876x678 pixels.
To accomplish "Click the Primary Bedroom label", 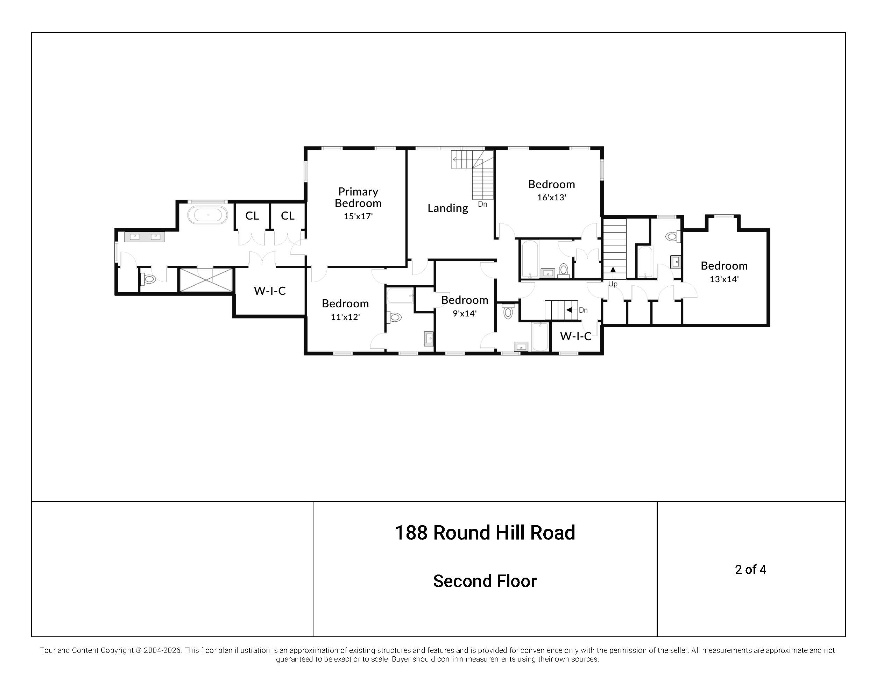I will click(x=358, y=197).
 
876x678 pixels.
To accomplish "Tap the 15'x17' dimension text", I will click(x=358, y=216).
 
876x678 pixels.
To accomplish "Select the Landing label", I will click(x=448, y=208).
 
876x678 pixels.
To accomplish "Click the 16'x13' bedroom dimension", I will click(x=551, y=198).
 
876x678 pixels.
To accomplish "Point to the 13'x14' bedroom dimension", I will click(x=724, y=279).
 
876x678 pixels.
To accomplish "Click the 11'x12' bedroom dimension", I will click(x=345, y=317).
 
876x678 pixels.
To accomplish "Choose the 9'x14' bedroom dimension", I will click(x=465, y=314).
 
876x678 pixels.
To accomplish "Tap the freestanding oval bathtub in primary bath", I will click(x=208, y=215).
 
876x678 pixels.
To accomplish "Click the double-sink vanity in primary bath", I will click(x=145, y=237).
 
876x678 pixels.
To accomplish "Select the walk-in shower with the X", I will click(x=206, y=280).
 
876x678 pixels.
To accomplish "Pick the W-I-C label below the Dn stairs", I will click(x=575, y=336).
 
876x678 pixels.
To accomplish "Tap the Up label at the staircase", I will click(x=613, y=284).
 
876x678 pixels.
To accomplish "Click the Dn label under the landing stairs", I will click(x=482, y=204).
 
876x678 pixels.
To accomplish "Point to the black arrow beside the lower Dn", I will click(x=569, y=310).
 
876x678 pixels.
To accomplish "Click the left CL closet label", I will click(x=252, y=216).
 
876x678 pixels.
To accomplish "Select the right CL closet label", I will click(x=288, y=216).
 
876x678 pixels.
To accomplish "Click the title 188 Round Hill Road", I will click(x=485, y=533).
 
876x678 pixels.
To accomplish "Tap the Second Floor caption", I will click(x=485, y=581).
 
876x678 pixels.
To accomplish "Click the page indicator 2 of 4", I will click(x=750, y=569).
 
